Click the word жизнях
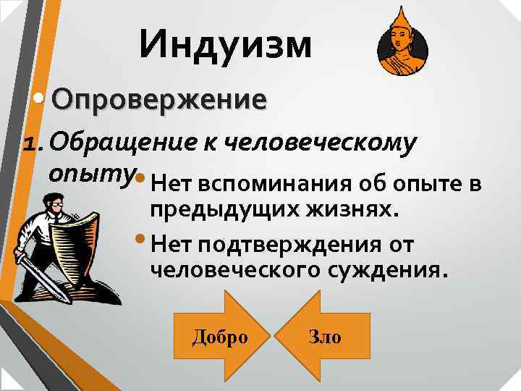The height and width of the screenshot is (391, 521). click(x=356, y=210)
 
